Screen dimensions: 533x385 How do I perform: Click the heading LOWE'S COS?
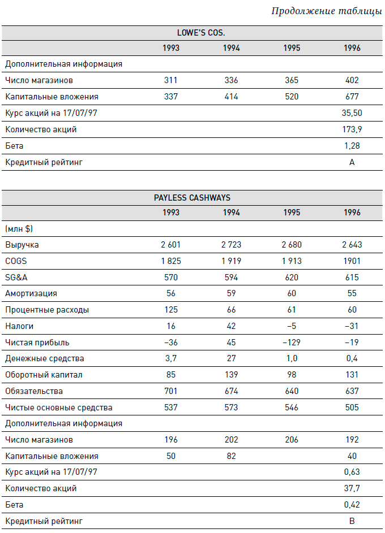click(192, 33)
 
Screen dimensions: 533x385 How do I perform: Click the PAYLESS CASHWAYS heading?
click(192, 198)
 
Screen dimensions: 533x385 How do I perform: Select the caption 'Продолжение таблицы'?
click(327, 11)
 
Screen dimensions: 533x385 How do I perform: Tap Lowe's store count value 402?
click(352, 81)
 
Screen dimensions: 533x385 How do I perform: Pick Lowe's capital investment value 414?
click(231, 97)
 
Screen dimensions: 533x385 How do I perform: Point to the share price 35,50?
click(352, 113)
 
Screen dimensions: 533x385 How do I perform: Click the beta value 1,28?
click(352, 146)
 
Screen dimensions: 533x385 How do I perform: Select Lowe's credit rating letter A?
click(352, 162)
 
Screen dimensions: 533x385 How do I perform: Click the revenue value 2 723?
click(231, 245)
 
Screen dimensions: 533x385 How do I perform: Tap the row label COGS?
click(15, 261)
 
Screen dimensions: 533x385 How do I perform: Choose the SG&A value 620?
click(292, 278)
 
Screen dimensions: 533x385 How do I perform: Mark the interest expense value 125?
click(171, 310)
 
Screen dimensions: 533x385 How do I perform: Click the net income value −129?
click(292, 343)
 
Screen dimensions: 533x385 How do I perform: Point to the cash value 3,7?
click(171, 358)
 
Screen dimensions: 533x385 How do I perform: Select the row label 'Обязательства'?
click(34, 391)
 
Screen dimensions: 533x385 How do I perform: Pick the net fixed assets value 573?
click(231, 408)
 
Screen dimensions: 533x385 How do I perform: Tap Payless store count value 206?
click(292, 440)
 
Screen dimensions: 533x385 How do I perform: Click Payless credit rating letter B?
click(352, 521)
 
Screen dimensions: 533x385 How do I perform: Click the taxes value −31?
click(352, 326)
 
